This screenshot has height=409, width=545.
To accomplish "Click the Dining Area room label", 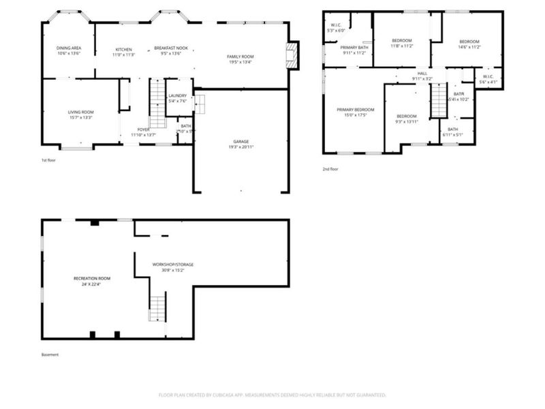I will [69, 48].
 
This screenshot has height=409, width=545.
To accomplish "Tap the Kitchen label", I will [123, 50].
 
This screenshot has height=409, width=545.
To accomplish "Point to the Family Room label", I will [240, 57].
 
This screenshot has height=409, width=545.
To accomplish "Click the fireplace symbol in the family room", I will [292, 55].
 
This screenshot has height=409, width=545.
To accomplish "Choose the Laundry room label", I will [177, 96].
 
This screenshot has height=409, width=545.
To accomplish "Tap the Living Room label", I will [80, 112].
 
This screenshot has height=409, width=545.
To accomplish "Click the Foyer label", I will [143, 130].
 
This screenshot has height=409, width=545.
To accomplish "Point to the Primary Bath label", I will [354, 48].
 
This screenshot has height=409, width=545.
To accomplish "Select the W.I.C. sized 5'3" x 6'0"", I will [337, 26].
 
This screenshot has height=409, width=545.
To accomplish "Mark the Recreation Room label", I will [92, 279].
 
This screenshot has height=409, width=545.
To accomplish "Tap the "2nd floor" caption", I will [330, 169].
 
